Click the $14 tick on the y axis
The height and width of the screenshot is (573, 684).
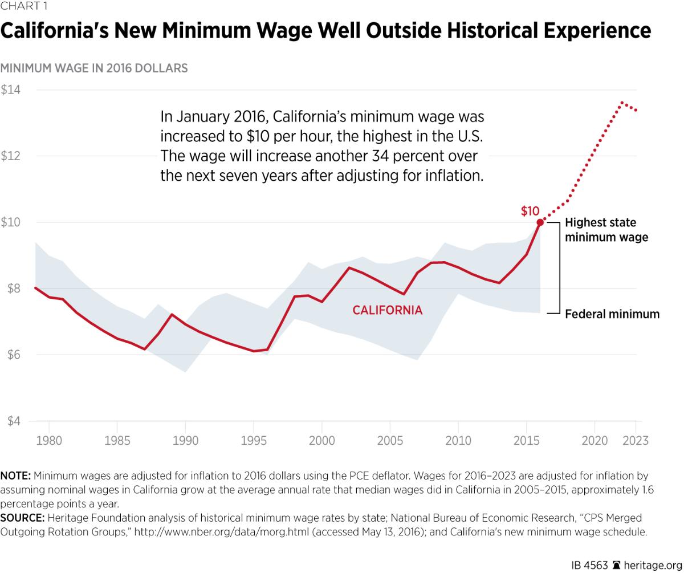pos(10,90)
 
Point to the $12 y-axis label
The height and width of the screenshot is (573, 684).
pos(10,156)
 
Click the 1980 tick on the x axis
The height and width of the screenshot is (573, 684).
pos(49,441)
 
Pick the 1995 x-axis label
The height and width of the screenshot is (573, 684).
pos(254,441)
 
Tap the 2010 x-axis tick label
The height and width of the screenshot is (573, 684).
pos(458,441)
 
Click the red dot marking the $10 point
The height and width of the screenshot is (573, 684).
pos(540,222)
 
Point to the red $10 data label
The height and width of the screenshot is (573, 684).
pos(530,212)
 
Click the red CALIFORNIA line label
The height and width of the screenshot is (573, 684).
pos(388,311)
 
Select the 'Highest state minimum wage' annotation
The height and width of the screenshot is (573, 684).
pos(606,230)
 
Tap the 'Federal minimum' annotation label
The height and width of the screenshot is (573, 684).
pos(612,314)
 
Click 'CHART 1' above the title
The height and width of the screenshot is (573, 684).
pos(24,7)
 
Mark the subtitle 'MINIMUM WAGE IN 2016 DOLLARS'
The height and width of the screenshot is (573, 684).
pos(94,68)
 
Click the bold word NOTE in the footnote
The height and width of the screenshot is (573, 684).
pos(15,476)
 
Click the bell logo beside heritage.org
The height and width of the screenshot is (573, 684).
pos(616,566)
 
